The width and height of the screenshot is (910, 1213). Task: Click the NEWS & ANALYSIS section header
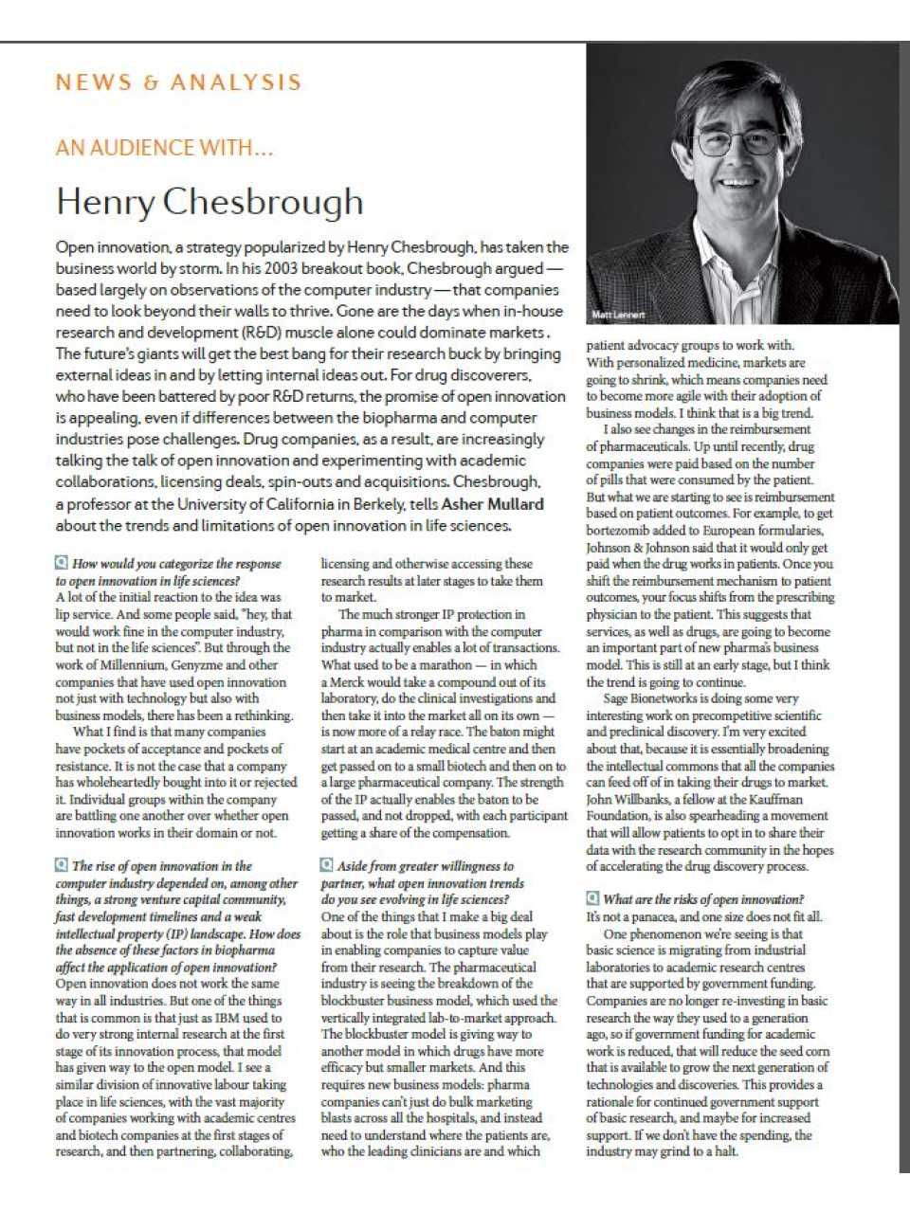(178, 82)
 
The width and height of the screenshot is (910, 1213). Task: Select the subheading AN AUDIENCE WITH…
(164, 148)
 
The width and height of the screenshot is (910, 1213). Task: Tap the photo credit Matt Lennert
(618, 315)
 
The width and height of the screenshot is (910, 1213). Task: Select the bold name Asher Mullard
(492, 504)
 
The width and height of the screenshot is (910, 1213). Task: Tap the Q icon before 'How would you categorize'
(62, 563)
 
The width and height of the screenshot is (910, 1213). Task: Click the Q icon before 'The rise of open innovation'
(62, 865)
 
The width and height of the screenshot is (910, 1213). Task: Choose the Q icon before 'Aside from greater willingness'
(327, 865)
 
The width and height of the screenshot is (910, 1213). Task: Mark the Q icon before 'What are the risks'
(592, 898)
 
